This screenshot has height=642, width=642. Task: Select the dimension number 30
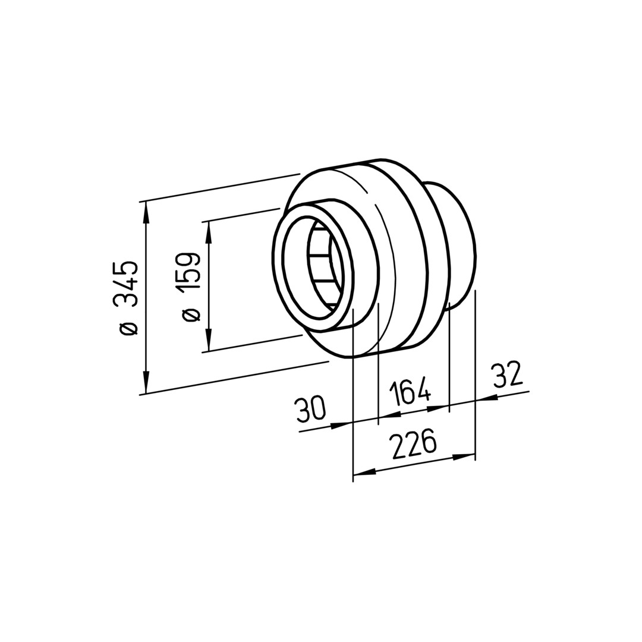311,408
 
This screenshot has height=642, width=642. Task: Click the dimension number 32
508,374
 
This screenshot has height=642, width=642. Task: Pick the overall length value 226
413,443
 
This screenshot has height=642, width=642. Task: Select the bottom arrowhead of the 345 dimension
146,382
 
